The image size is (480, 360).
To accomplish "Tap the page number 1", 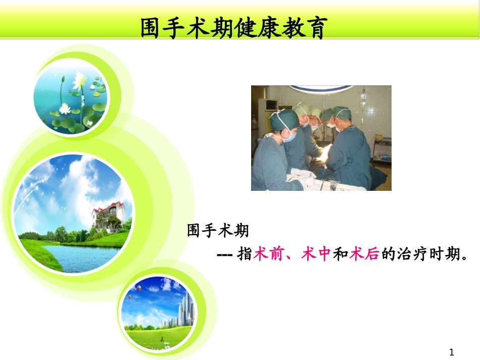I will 452,352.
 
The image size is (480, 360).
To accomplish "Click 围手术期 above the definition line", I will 218,231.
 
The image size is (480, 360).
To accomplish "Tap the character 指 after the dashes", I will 245,254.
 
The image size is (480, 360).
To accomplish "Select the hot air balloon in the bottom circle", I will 138,288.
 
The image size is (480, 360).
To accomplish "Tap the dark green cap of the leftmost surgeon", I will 277,120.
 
